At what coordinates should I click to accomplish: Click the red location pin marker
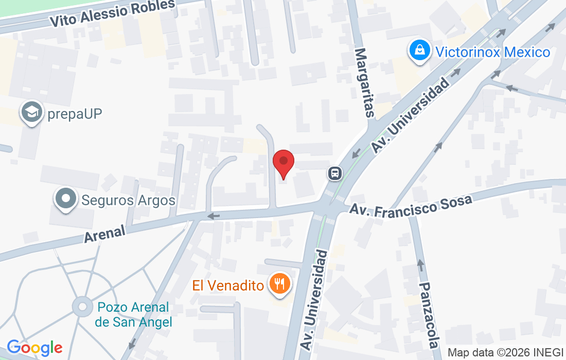283,164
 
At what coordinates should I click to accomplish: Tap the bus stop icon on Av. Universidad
335,173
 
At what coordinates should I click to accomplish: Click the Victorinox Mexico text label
492,52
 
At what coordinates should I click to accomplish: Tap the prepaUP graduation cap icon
32,113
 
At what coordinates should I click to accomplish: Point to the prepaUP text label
75,114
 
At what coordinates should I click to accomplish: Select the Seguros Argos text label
129,200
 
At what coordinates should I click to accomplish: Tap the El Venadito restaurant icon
280,284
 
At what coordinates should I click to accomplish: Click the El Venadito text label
228,285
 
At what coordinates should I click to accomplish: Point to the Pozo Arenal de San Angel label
133,315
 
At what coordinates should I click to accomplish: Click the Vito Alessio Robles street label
112,13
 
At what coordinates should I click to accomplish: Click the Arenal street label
104,234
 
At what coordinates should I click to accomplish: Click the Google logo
34,348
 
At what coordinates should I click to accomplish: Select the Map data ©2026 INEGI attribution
506,353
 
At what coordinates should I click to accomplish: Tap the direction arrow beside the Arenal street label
214,216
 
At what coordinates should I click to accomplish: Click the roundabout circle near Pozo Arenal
82,307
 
